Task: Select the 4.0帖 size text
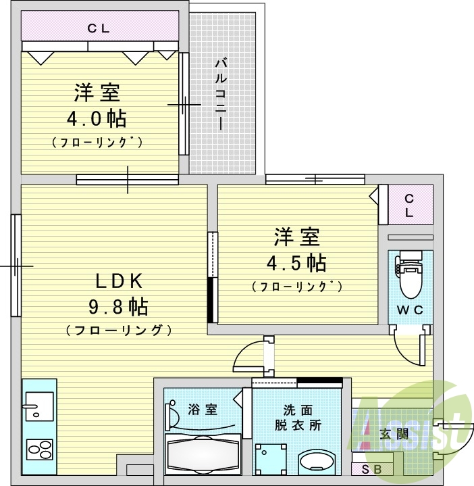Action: click(96, 119)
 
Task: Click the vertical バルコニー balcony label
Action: click(220, 95)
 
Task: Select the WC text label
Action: click(410, 311)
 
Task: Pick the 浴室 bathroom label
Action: click(202, 409)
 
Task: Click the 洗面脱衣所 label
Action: click(297, 418)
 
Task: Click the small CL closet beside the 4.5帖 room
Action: click(409, 204)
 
